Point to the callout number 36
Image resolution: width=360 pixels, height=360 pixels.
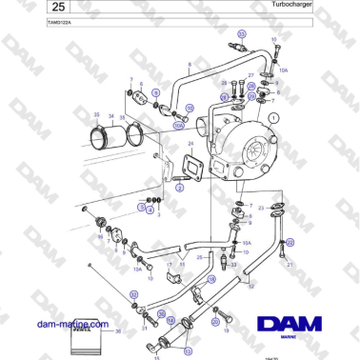pos(118,331)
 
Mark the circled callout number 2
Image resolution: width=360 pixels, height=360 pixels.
pos(178,189)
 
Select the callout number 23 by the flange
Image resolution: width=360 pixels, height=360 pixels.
pos(261,207)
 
